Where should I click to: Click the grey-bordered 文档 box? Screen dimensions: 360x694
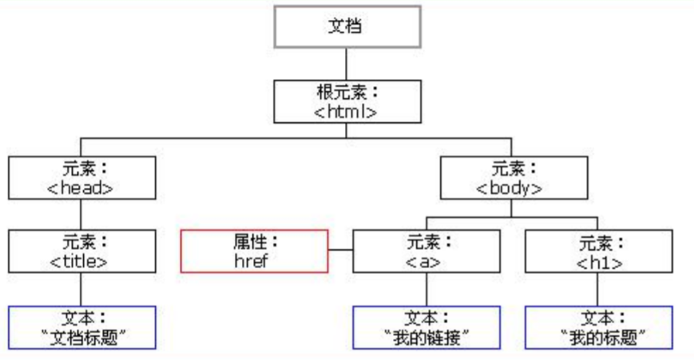pyautogui.click(x=346, y=27)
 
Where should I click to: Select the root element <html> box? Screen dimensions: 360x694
pyautogui.click(x=346, y=101)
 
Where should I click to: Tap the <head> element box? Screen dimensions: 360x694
pyautogui.click(x=81, y=178)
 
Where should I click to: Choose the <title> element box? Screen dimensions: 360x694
pyautogui.click(x=81, y=251)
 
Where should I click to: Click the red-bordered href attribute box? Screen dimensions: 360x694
pyautogui.click(x=255, y=251)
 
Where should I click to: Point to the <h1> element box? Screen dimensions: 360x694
pyautogui.click(x=598, y=251)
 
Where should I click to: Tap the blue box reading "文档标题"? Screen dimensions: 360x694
pyautogui.click(x=81, y=327)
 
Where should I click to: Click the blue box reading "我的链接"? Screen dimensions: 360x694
pyautogui.click(x=426, y=327)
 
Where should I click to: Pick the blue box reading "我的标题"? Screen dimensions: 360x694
pyautogui.click(x=598, y=327)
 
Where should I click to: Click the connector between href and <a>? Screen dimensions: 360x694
pyautogui.click(x=340, y=251)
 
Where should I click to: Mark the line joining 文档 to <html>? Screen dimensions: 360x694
pyautogui.click(x=346, y=63)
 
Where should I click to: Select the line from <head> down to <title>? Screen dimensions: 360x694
pyautogui.click(x=81, y=214)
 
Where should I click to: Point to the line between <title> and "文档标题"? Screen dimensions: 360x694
pyautogui.click(x=81, y=289)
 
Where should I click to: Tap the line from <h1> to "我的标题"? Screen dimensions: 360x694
pyautogui.click(x=598, y=289)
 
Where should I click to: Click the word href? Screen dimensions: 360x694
pyautogui.click(x=255, y=260)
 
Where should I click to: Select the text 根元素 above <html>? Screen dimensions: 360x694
pyautogui.click(x=340, y=92)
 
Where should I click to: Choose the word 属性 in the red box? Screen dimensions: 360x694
pyautogui.click(x=250, y=241)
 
